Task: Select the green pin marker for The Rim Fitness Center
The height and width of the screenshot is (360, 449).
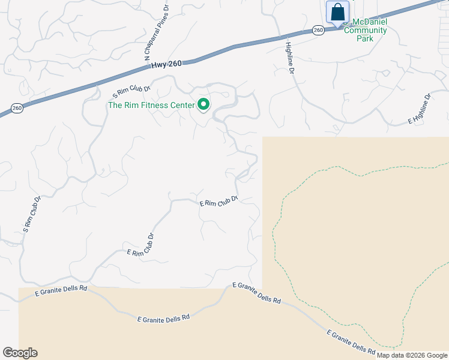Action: point(203,105)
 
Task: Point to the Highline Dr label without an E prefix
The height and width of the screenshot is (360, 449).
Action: point(290,58)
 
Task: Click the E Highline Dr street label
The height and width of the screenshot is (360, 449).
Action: point(420,109)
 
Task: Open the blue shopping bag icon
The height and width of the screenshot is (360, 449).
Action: point(337,12)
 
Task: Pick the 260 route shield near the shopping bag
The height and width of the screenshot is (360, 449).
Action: point(318,29)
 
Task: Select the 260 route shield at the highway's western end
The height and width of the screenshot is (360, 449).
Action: point(17,108)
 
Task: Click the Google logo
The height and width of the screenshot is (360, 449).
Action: point(20,353)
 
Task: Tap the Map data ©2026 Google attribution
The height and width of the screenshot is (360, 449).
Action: point(412,355)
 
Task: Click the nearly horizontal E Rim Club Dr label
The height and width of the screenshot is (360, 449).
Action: point(219,201)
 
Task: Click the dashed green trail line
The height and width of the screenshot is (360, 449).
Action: point(276,240)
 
